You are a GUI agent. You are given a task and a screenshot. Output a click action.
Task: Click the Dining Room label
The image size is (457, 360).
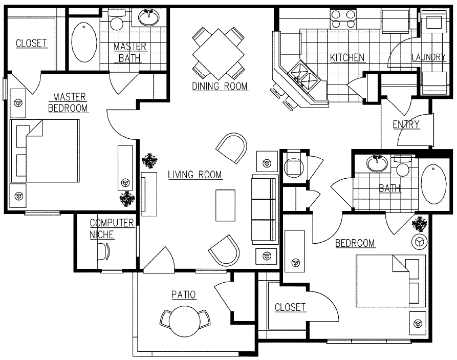coord(220,86)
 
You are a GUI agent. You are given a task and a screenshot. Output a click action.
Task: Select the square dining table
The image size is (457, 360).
coord(218,53)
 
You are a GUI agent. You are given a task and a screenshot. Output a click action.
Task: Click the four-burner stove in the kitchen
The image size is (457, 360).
coord(343,19)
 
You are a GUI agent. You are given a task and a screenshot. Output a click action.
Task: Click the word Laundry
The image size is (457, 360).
coord(429,57)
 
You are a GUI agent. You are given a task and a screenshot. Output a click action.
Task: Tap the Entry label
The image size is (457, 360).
coord(406,124)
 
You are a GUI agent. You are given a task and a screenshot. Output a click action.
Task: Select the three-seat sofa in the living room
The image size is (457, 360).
coord(265,209)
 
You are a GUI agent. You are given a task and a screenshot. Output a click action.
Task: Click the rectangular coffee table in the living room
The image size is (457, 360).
coord(225,205)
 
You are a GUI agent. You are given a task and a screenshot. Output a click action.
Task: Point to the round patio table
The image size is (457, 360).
coord(185,320)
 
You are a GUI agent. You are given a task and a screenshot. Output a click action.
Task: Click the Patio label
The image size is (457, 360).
coord(184,294)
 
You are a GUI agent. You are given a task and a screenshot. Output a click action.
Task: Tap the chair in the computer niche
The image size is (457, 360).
coord(104,251)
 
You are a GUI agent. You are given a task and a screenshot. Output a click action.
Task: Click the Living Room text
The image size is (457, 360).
coord(195,175)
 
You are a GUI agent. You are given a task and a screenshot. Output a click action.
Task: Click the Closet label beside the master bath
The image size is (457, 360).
coord(31,43)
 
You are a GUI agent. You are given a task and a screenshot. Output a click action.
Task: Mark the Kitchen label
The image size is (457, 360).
coord(347,57)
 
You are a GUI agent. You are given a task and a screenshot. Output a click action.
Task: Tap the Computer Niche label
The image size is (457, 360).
coord(112,228)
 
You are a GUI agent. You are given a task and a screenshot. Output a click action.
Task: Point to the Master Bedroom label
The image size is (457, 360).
coord(69,102)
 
